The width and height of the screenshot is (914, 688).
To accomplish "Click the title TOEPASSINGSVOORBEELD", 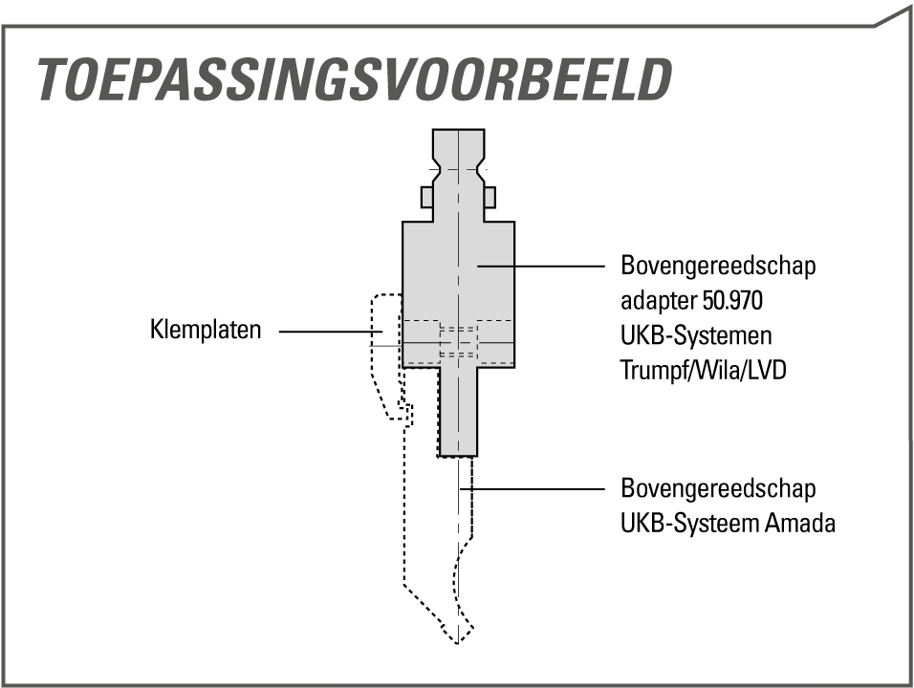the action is [355, 79].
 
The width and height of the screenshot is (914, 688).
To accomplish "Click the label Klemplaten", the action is [206, 330].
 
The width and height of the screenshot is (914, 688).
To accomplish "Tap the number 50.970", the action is [732, 301].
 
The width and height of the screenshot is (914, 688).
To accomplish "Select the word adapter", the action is [659, 302].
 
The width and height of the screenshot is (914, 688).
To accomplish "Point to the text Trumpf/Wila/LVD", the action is [703, 370].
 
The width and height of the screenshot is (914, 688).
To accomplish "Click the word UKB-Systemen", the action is [696, 335].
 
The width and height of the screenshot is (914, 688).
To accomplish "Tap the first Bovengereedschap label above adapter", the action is [718, 267].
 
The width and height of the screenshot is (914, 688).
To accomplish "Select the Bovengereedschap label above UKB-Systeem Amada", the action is [718, 488].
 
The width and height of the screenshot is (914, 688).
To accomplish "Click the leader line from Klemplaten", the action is [331, 332].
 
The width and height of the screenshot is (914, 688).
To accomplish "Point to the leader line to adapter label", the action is [541, 266].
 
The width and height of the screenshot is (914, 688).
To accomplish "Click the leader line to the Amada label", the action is [533, 488].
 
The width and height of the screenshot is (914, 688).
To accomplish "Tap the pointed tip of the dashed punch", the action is [458, 642].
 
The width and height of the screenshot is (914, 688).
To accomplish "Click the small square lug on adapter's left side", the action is [427, 197].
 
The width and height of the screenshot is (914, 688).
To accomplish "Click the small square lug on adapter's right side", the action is [490, 197].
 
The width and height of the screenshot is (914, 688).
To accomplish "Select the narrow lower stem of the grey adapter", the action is [458, 411].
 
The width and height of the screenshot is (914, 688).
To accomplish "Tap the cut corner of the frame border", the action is [892, 17].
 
